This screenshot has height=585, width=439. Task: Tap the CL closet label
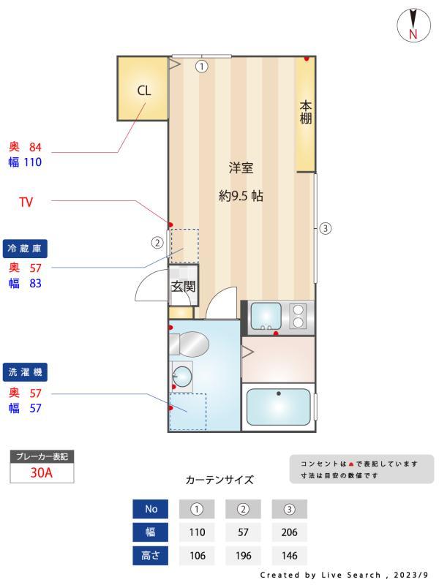coord(144,91)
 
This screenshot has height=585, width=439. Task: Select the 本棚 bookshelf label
coord(306,113)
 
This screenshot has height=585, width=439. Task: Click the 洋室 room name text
coord(241,168)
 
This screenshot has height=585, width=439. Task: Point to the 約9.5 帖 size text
coord(241,196)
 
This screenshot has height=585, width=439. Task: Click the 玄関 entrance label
coord(183,287)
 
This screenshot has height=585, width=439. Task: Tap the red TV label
coord(26,201)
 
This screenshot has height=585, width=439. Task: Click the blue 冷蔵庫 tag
coord(23,249)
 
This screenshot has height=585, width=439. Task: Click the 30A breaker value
coord(42,472)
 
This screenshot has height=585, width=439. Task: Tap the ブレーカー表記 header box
coord(42,457)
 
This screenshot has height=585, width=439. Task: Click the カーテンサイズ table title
coord(219,480)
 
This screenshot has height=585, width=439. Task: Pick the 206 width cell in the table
coord(288,532)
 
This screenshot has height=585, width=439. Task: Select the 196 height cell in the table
coord(243,556)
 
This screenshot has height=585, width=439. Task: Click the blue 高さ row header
coord(151,556)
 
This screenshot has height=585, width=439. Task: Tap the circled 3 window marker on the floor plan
coord(326,228)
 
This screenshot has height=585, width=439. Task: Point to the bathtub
coord(279,407)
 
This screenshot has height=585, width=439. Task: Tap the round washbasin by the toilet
coord(183,377)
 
